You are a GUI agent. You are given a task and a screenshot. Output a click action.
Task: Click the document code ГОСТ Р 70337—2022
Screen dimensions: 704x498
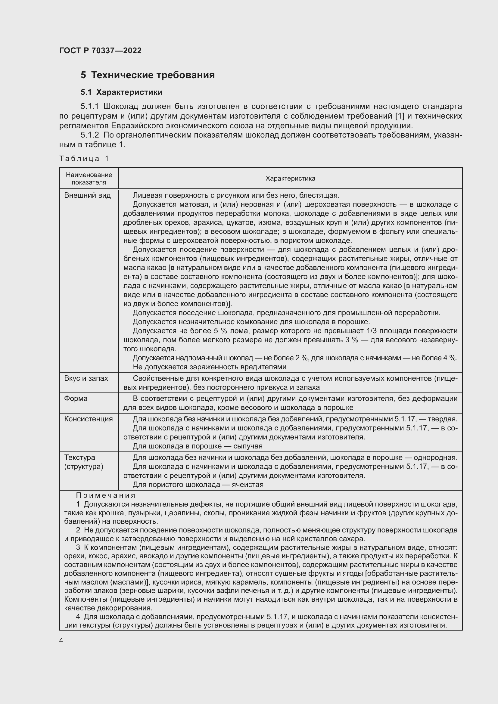point(100,51)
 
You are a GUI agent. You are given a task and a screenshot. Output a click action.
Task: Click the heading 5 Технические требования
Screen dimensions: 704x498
point(148,75)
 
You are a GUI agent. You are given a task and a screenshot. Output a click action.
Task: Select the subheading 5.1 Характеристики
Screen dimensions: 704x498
point(121,92)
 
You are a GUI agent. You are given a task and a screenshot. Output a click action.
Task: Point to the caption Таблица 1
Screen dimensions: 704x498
point(84,159)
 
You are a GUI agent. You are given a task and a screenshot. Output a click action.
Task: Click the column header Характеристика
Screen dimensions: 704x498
point(290,178)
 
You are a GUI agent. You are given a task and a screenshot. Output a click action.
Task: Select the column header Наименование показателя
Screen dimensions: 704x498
point(89,178)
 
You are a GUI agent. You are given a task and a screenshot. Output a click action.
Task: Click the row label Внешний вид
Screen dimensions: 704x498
point(87,195)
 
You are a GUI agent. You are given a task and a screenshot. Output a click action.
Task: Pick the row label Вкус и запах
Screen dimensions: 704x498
point(86,378)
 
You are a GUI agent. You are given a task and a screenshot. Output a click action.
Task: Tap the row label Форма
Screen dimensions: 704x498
point(76,398)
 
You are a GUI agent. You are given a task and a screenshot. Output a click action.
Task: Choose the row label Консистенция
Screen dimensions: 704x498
point(88,419)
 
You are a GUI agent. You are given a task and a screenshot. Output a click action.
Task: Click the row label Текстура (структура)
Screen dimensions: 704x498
point(83,462)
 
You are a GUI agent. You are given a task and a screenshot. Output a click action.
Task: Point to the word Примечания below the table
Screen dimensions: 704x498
point(105,495)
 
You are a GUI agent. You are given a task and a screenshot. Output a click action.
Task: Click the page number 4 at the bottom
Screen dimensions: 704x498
point(61,640)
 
